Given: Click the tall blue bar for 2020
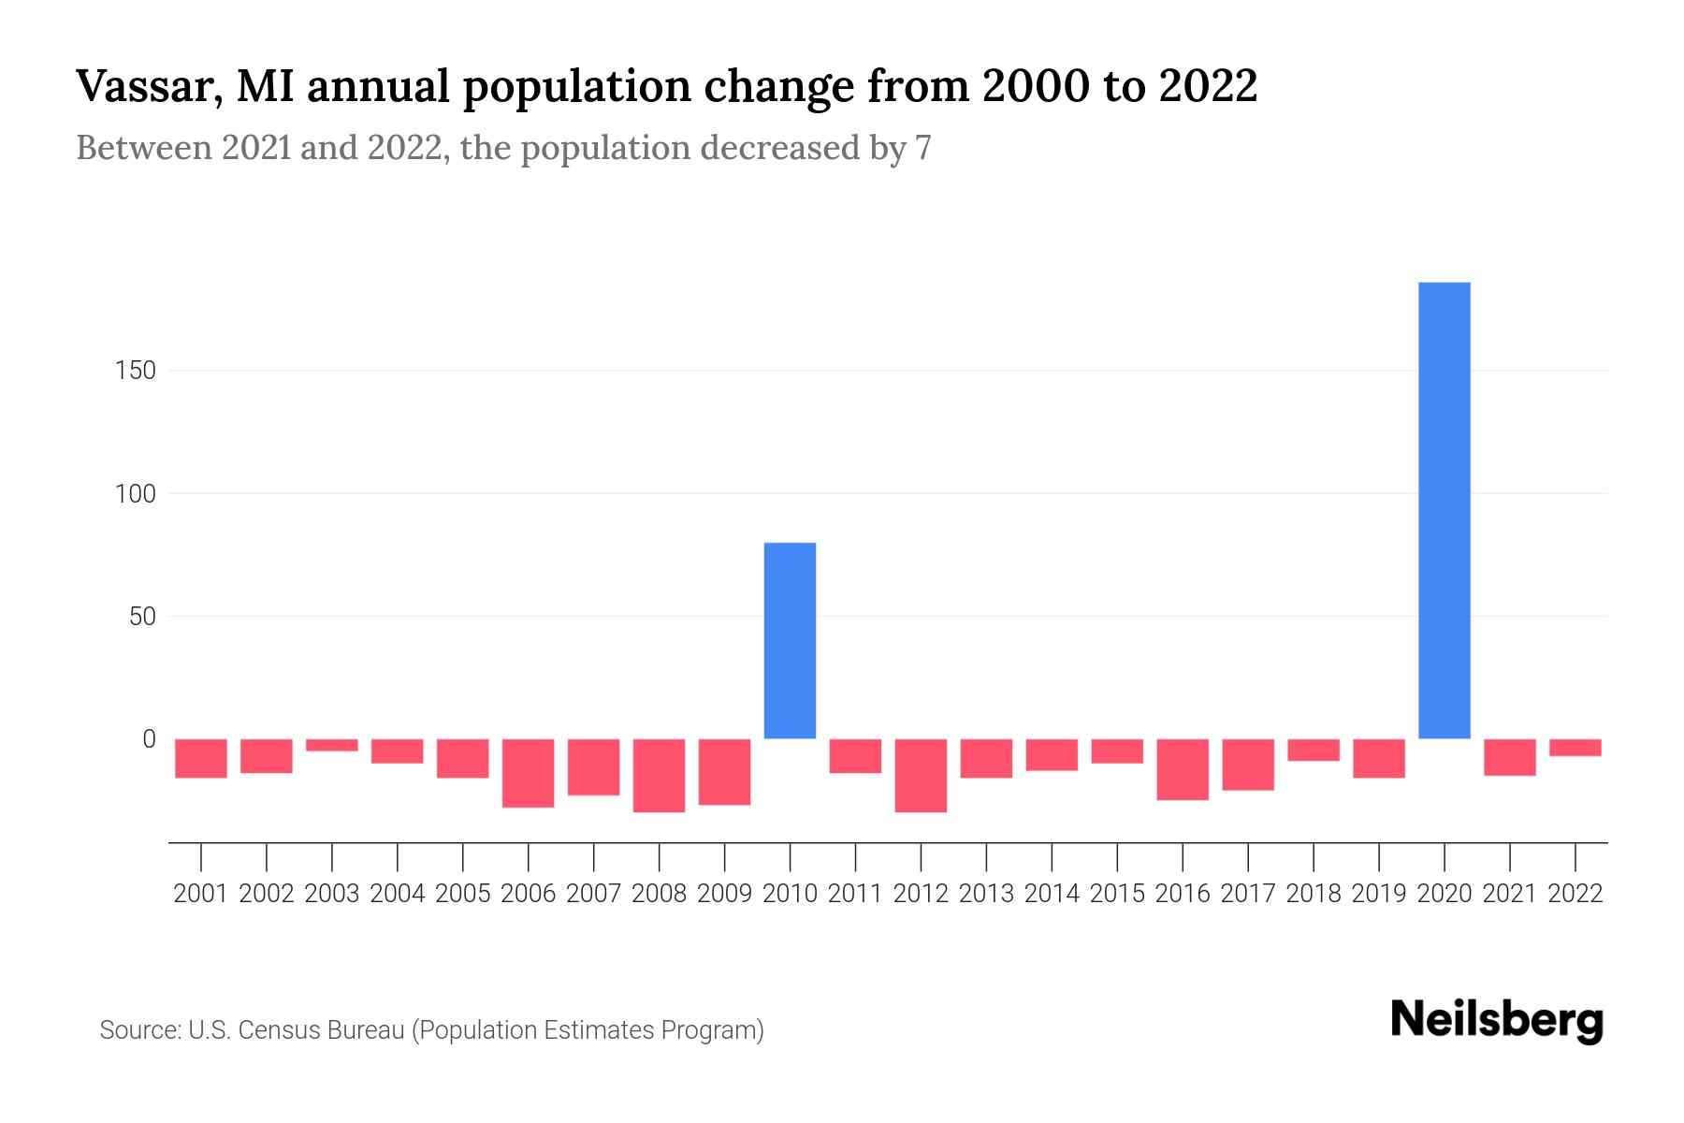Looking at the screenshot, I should [1444, 510].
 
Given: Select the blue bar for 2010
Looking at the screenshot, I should [790, 641].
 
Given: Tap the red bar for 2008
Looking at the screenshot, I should [659, 775].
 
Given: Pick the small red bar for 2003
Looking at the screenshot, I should [332, 745].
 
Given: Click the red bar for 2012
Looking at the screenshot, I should [921, 775].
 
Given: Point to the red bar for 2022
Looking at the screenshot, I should [1575, 747].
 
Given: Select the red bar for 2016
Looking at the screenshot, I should [1183, 769].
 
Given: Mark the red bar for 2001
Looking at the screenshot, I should [201, 758].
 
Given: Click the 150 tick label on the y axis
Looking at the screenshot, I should [136, 371].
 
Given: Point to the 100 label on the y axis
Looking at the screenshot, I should [136, 493].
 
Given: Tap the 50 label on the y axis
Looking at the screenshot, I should [141, 617].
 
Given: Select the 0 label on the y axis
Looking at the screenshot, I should [149, 739].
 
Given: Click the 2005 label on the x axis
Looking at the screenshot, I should [463, 894].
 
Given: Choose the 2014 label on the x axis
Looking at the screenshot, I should [1052, 894].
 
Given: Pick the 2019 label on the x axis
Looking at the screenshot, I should [1378, 894].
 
